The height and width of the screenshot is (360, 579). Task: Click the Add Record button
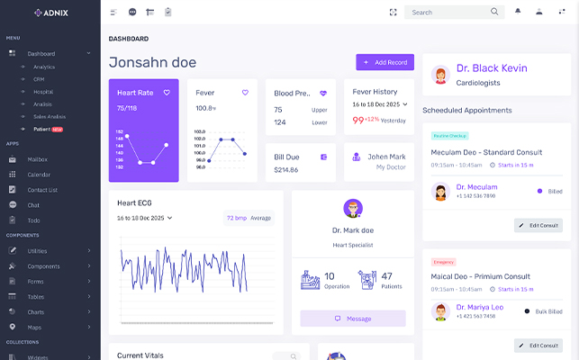(384, 62)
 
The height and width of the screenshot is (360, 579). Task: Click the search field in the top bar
(446, 12)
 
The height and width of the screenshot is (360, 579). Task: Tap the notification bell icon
(518, 12)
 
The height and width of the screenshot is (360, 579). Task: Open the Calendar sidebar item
(39, 175)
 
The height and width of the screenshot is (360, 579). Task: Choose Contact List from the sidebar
(42, 190)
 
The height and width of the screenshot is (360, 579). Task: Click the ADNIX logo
(50, 13)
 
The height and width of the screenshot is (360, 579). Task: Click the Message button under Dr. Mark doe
(353, 319)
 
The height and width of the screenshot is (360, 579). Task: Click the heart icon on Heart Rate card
(167, 92)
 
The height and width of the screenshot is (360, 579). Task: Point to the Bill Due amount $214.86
(285, 169)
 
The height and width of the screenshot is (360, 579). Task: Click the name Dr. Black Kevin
(491, 68)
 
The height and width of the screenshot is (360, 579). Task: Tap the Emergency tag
(444, 261)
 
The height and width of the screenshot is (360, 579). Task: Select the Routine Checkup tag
(449, 135)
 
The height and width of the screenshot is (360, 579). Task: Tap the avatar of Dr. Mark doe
(353, 208)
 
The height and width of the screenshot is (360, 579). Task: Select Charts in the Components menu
(36, 311)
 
